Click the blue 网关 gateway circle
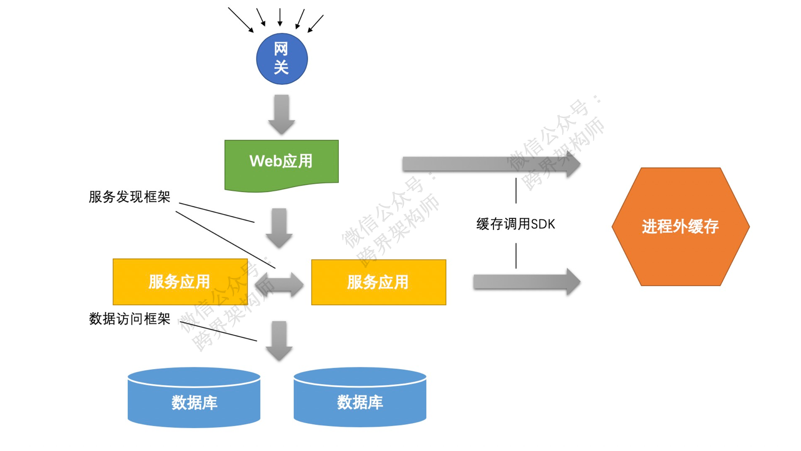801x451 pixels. pos(281,59)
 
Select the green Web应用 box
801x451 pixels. pos(281,162)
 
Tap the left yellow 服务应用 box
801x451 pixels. pos(180,282)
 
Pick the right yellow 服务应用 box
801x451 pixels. pos(378,282)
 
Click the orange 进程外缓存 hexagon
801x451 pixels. pos(680,227)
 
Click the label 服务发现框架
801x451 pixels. pos(130,197)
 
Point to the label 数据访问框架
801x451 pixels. pos(130,319)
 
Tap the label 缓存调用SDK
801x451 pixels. pos(516,224)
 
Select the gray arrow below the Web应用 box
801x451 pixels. pos(279,228)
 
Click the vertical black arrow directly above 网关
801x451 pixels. pos(280,17)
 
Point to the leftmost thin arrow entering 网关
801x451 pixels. pos(240,19)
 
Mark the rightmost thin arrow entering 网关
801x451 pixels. pos(315,23)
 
